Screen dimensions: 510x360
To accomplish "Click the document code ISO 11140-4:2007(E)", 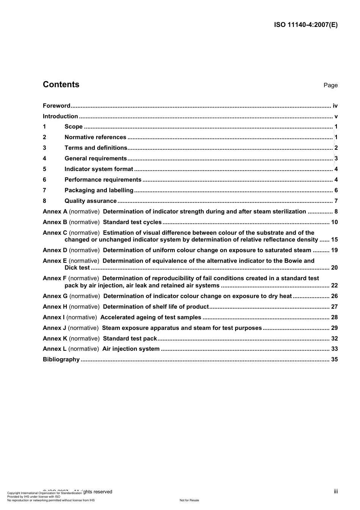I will pos(305,25).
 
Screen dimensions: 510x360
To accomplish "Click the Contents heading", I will pos(61,85).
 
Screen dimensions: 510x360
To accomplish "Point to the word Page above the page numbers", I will pos(330,85).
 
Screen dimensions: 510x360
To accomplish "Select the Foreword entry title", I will pos(56,106).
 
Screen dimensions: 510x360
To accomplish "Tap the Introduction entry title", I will pos(60,116).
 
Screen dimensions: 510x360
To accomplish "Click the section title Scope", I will pos(74,127).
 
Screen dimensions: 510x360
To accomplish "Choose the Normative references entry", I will pos(95,137).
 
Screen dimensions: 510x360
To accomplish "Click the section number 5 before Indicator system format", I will pos(44,169).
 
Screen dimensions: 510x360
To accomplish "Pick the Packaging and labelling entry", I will pos(99,190).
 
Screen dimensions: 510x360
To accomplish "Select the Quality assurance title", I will pos(91,201).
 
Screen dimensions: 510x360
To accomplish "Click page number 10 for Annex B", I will pos(334,222).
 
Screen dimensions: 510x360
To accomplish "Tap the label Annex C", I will pos(55,233).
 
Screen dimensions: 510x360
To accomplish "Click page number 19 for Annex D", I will pos(334,250).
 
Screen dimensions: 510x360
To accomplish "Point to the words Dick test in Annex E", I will pos(77,268).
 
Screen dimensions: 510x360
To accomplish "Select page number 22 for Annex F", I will pos(334,286).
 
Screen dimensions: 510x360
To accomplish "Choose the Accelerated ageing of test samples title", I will pos(151,317).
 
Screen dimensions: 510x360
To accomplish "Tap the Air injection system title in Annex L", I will pos(131,349).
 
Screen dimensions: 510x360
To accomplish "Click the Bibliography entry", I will pos(61,359).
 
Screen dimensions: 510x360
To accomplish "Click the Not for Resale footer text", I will pos(189,500).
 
